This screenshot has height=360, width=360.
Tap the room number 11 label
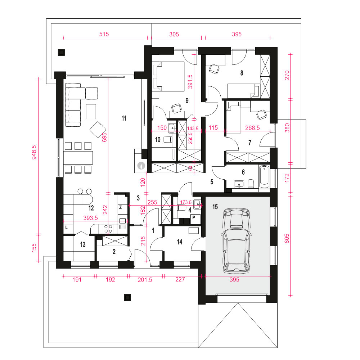[124, 118]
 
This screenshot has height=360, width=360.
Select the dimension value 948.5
[34, 152]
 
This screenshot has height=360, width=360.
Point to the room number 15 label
[215, 207]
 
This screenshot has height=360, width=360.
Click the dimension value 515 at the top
[104, 34]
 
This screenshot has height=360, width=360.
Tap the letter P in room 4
[194, 217]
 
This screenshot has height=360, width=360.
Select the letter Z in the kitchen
[120, 208]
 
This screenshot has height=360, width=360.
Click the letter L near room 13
[67, 228]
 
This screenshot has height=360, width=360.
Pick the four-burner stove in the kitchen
[108, 229]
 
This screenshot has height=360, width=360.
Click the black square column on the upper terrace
[61, 52]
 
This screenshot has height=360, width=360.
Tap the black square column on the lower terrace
[128, 298]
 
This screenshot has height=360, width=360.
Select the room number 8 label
[242, 73]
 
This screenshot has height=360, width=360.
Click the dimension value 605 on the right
[287, 239]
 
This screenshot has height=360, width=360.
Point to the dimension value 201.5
[145, 280]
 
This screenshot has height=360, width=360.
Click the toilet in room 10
[167, 140]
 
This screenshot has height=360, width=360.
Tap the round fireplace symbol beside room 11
[141, 165]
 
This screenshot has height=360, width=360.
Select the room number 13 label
[83, 244]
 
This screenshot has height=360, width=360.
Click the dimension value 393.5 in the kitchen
[90, 218]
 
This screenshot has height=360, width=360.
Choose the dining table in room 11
[78, 158]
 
